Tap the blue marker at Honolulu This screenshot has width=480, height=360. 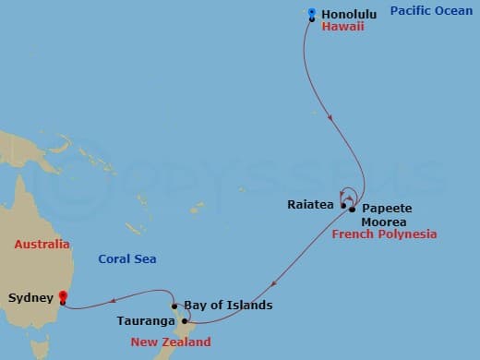click(x=311, y=13)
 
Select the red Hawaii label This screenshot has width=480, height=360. click(x=342, y=27)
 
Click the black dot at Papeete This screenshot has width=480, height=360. click(x=353, y=210)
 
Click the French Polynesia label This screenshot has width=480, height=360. click(x=383, y=234)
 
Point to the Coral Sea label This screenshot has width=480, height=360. click(x=127, y=258)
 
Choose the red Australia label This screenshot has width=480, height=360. click(x=41, y=245)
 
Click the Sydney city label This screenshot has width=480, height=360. click(x=30, y=298)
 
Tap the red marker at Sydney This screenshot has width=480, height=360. click(x=62, y=296)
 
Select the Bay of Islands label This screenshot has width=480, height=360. click(x=228, y=305)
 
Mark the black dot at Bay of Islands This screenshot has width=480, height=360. click(x=174, y=306)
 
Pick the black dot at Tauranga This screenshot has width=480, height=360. click(x=185, y=321)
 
